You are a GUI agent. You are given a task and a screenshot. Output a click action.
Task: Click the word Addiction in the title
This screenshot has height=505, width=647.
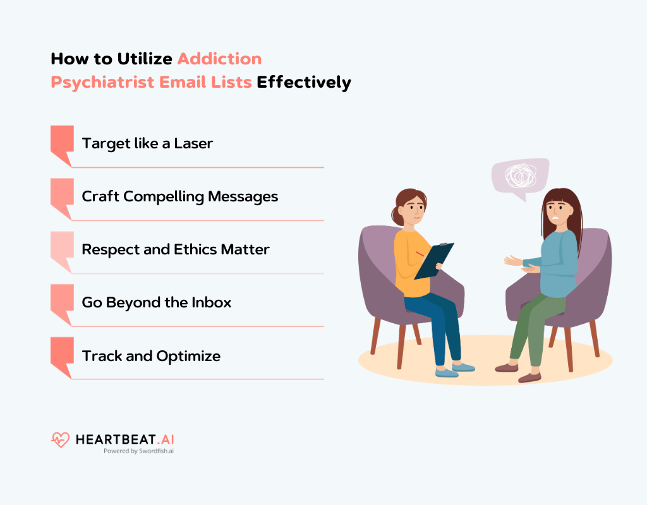pyautogui.click(x=219, y=59)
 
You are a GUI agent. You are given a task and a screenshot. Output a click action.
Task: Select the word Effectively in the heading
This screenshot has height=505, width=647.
pyautogui.click(x=303, y=83)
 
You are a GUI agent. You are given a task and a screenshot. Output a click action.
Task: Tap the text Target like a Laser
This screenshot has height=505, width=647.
pyautogui.click(x=147, y=143)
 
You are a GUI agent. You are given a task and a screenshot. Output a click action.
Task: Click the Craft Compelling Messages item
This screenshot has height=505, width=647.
pyautogui.click(x=179, y=196)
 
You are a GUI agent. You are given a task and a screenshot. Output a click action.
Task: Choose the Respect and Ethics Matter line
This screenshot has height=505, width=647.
pyautogui.click(x=176, y=249)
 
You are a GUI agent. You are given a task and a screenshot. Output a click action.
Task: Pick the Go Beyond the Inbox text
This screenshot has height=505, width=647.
pyautogui.click(x=156, y=302)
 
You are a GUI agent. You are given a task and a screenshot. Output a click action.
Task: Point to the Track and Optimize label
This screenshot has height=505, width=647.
pyautogui.click(x=151, y=356)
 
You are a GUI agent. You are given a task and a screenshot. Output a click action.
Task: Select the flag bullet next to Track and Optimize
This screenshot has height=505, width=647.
pyautogui.click(x=61, y=353)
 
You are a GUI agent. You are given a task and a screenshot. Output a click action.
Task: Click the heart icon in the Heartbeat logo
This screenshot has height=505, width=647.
pyautogui.click(x=60, y=439)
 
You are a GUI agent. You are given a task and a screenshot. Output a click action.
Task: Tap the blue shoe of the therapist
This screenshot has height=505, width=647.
pyautogui.click(x=447, y=372)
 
